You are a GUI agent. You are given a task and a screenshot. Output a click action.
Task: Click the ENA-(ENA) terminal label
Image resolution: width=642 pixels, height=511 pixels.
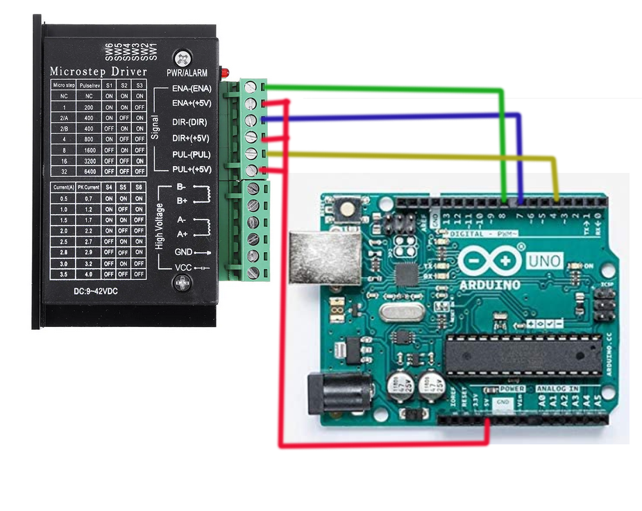click(x=192, y=88)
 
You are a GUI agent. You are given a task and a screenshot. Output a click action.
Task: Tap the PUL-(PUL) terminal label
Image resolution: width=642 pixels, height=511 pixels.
click(x=191, y=154)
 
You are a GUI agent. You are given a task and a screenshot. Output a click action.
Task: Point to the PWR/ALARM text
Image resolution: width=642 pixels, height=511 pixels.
click(x=187, y=73)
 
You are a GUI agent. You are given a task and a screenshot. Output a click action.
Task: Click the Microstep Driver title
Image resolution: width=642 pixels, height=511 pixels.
click(x=98, y=72)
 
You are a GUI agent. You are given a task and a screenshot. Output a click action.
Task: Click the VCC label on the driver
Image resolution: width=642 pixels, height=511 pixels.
click(x=183, y=267)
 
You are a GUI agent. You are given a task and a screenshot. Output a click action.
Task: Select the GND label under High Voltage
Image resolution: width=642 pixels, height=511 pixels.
click(x=184, y=252)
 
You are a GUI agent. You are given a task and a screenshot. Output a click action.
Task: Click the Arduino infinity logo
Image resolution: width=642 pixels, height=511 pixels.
click(x=490, y=260)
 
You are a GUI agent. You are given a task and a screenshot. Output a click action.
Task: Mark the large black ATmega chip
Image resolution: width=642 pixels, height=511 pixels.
click(x=523, y=354)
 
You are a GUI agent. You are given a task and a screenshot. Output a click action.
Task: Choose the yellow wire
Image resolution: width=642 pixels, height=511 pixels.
click(x=416, y=156)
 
